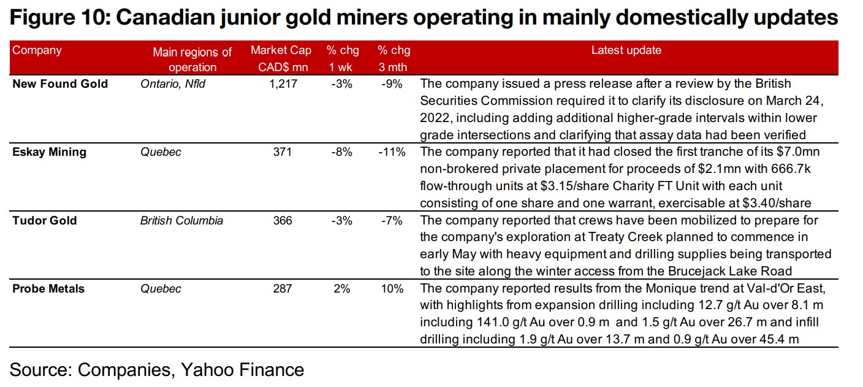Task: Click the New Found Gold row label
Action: (60, 84)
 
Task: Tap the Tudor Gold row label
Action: (45, 220)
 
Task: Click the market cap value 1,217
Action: (283, 84)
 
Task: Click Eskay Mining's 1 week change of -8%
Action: (341, 152)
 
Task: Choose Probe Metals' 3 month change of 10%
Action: (392, 288)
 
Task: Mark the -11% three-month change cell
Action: (392, 152)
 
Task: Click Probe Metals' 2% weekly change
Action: (341, 288)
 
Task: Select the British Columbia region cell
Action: (181, 220)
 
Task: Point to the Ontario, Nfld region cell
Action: (173, 84)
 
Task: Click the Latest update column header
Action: (626, 51)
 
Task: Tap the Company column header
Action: (37, 51)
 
